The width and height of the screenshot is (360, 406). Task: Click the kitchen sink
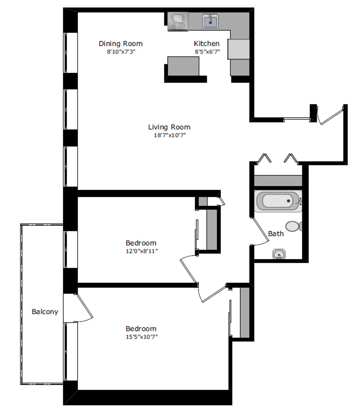210,21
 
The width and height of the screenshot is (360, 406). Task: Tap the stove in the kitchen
178,22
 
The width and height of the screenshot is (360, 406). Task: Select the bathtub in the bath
278,201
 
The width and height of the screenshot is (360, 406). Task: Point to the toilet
293,226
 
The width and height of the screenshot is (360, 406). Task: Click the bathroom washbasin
279,254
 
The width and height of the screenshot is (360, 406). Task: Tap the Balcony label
45,312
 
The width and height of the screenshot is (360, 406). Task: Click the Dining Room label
121,43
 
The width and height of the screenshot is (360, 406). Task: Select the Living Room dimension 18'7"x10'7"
170,135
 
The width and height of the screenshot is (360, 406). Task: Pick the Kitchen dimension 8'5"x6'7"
207,52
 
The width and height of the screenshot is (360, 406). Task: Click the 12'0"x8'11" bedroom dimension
142,251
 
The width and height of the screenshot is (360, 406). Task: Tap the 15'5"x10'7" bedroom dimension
142,337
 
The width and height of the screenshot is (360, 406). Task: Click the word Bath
276,234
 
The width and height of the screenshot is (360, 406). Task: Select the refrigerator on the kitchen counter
238,49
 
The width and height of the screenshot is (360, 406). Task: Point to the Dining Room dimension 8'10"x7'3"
121,52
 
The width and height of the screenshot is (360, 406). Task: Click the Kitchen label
207,43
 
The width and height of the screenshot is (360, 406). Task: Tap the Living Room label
169,127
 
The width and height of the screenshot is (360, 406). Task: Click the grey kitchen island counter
183,66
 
